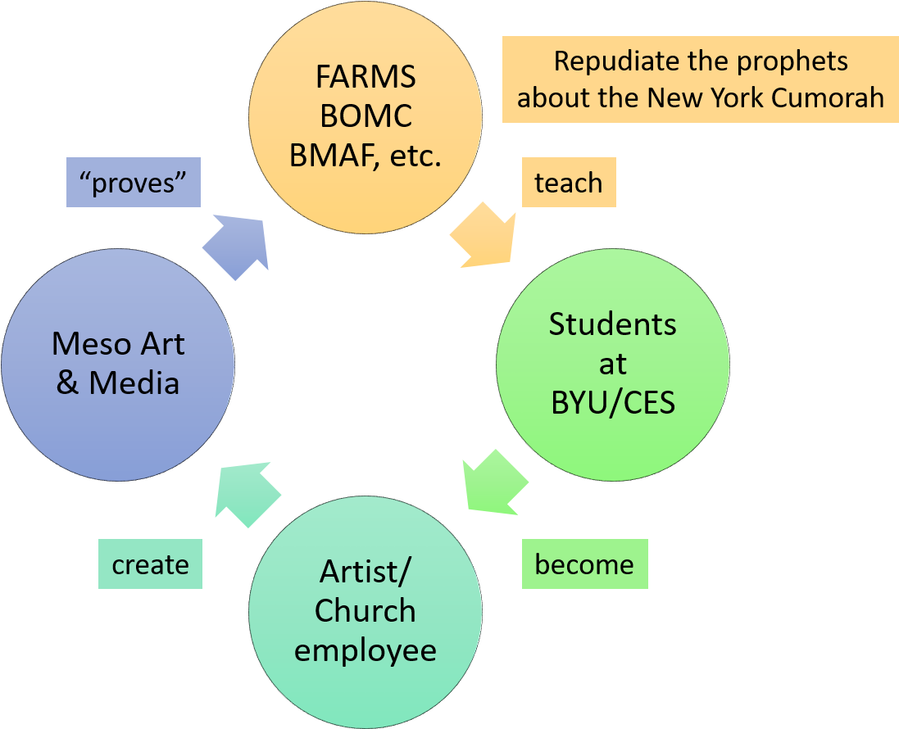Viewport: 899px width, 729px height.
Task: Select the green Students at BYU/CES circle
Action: (613, 364)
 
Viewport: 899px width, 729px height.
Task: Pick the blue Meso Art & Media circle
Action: (118, 364)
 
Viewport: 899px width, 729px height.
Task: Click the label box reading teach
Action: (569, 183)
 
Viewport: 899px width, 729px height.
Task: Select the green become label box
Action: (584, 564)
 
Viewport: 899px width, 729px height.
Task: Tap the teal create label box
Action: (150, 564)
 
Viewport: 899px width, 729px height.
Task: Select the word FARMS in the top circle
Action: (366, 78)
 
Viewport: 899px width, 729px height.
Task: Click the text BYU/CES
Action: (613, 404)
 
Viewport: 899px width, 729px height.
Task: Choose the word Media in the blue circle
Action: (135, 383)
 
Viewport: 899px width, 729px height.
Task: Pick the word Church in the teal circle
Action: (366, 610)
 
